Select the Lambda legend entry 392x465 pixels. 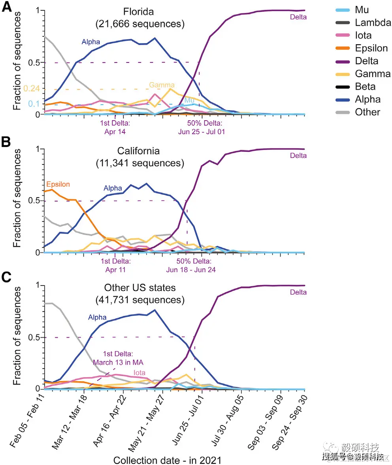click(373, 23)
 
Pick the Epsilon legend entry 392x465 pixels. click(371, 48)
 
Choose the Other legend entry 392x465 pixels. click(367, 112)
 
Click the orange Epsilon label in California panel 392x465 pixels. click(58, 185)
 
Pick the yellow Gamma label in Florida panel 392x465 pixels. click(162, 85)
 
